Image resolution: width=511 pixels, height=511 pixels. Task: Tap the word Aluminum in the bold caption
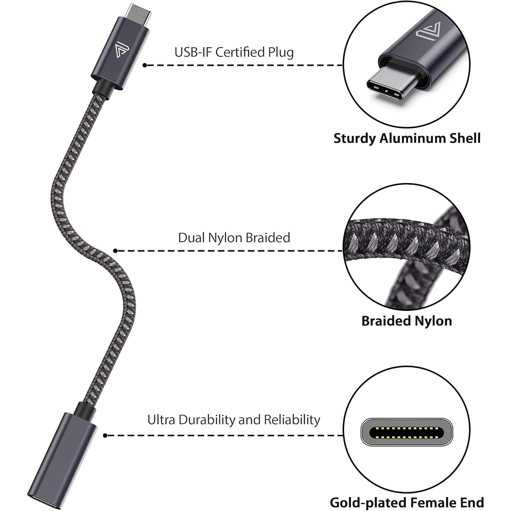tap(412, 139)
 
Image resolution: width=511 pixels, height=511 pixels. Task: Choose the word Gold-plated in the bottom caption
tap(368, 503)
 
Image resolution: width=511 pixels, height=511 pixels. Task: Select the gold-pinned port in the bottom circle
tap(406, 432)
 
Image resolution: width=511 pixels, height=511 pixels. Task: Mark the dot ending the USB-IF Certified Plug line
tap(145, 65)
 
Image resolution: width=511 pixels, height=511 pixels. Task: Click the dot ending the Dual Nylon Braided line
tap(115, 251)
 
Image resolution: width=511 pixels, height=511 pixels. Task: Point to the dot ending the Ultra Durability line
tap(105, 435)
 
